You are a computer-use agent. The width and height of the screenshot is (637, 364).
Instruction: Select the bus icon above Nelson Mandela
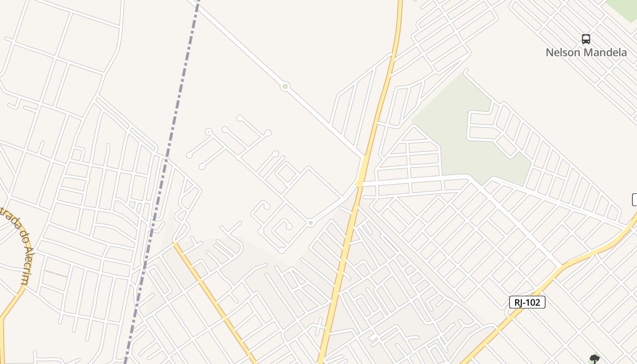[x=586, y=39]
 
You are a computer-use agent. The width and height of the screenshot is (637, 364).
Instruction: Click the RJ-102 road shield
[x=527, y=302]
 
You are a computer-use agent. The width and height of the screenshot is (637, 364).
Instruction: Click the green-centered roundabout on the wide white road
[x=285, y=86]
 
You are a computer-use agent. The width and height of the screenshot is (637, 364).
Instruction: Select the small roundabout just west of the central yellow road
[x=310, y=223]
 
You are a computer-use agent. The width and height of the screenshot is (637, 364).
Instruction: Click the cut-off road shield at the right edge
[x=634, y=199]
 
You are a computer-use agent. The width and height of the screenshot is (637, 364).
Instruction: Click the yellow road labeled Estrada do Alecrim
[x=18, y=296]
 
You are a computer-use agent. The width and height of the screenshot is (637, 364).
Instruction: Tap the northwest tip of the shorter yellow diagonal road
[x=174, y=243]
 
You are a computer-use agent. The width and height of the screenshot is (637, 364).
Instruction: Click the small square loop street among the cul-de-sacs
[x=286, y=173]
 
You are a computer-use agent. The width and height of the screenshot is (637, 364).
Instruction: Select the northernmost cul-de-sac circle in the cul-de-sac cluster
[x=239, y=118]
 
